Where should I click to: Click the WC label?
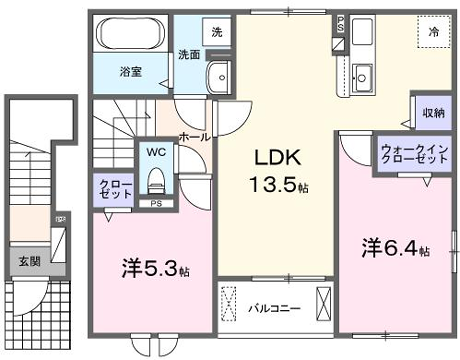click(x=156, y=153)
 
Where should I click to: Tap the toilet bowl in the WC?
click(x=156, y=181)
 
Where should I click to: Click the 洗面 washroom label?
click(x=189, y=55)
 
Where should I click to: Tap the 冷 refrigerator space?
click(x=433, y=33)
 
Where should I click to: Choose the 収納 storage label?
click(x=432, y=113)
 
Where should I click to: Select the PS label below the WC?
click(x=156, y=207)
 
